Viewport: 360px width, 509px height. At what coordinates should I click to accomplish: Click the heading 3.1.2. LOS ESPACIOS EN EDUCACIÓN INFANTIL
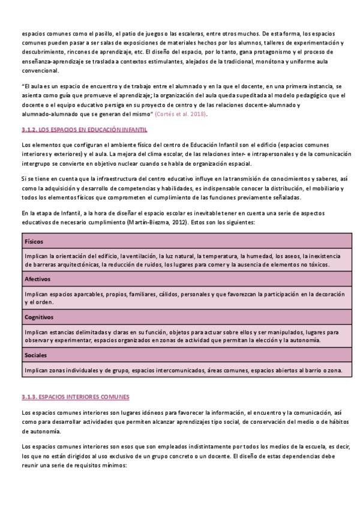(84, 130)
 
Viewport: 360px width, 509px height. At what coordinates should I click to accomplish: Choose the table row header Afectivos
(37, 279)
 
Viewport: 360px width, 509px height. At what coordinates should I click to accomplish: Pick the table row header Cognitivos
(39, 317)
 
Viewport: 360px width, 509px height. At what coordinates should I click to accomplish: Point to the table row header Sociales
(36, 355)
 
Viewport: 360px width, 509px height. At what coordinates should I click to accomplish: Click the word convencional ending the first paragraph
(40, 70)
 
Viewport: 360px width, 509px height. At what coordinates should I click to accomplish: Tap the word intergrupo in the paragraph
(37, 164)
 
